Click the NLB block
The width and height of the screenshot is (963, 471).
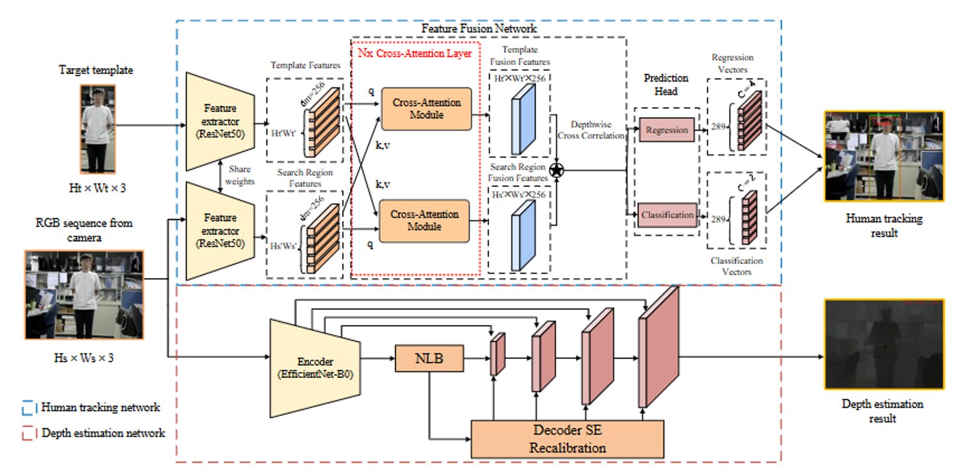(429, 358)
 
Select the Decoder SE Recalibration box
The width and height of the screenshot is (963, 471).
(567, 439)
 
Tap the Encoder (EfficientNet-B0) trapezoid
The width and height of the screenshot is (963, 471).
(315, 368)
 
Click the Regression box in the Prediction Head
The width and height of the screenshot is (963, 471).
(667, 130)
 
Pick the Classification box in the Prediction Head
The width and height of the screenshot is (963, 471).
(667, 215)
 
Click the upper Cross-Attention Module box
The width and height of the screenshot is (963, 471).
(426, 109)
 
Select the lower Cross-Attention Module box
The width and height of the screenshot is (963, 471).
(424, 220)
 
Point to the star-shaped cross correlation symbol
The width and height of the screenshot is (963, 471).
(556, 170)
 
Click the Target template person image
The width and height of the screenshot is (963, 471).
(97, 129)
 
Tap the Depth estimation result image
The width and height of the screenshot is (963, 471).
(884, 344)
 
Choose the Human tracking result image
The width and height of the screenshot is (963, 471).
(884, 156)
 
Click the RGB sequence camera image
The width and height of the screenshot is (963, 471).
(84, 295)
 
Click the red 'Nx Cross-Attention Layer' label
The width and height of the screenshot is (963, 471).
(415, 54)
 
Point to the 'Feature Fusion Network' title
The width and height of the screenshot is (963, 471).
(478, 29)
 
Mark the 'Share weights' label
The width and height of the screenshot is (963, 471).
(240, 175)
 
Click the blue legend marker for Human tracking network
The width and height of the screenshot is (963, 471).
(28, 408)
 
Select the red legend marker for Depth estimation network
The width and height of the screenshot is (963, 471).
(28, 433)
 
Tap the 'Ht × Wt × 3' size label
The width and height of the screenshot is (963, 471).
(97, 188)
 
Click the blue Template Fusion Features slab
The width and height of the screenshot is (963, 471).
(524, 118)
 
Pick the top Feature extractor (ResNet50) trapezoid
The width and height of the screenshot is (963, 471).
(220, 121)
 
